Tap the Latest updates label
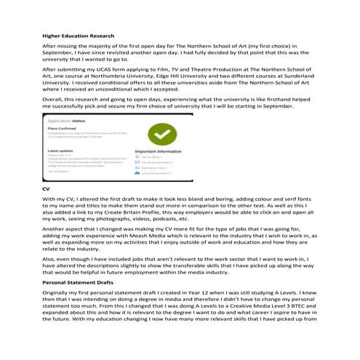point(62,151)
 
